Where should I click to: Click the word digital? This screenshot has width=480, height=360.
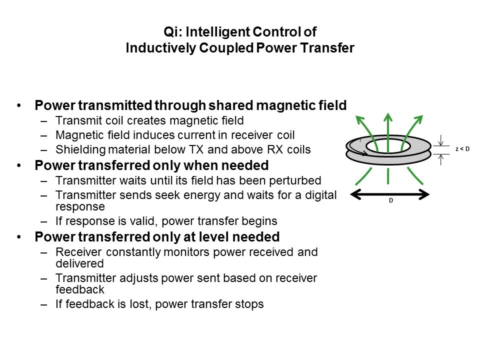[x=321, y=195]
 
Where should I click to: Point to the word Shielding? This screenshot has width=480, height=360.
[x=80, y=149]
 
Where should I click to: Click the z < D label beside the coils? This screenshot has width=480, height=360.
[x=462, y=149]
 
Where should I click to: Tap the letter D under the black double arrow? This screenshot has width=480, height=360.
[x=391, y=200]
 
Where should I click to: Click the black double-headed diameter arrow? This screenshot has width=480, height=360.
[x=389, y=194]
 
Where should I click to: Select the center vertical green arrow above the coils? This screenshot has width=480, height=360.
[x=388, y=132]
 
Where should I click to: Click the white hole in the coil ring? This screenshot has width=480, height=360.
[x=388, y=146]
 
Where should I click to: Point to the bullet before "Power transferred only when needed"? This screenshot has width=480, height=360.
[x=19, y=165]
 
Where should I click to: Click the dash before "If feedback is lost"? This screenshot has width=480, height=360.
[x=44, y=304]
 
